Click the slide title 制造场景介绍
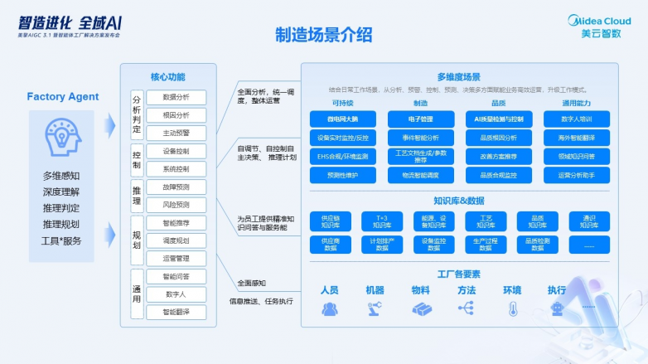coord(323,35)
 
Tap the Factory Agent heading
coord(63,97)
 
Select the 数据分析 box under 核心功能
coord(176,97)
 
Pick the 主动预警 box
coord(176,133)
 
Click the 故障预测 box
coord(176,187)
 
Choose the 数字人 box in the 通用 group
coord(176,294)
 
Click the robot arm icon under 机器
coord(375,308)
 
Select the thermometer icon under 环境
coord(513,308)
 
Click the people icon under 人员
coord(329,308)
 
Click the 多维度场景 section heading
coord(458,76)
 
